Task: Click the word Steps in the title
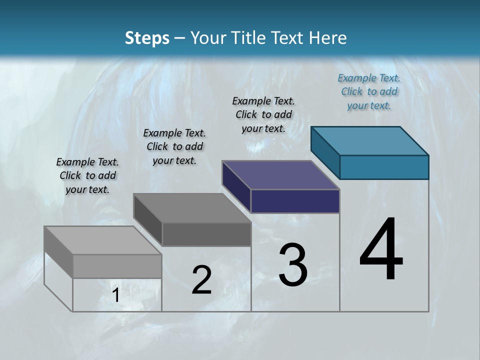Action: coord(147,38)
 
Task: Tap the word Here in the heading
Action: coord(328,38)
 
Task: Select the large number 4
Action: coord(381,250)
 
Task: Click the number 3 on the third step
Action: coord(293,265)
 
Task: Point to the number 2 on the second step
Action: coord(202,280)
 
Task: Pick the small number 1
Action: coord(116,295)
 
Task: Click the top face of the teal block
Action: coord(370,140)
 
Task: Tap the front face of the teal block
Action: coord(384,167)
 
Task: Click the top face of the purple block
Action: coord(281,175)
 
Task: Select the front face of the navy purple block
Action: coord(295,201)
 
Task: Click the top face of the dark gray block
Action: coord(192,208)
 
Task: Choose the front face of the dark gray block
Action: coord(206,234)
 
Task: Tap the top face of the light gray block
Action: coord(103,240)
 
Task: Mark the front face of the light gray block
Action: coord(117,266)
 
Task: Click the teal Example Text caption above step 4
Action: coord(369,91)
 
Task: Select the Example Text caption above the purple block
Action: coord(263,114)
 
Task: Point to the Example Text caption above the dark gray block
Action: coord(174,146)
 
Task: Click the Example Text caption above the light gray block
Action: coord(87,175)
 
